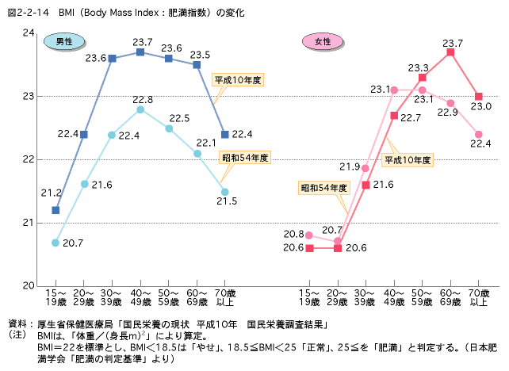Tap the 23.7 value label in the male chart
coord(143,42)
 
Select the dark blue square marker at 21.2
coord(55,210)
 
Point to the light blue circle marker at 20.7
coord(55,242)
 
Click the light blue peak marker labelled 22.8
coord(140,109)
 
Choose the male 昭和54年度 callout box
coord(245,157)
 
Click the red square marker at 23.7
coord(450,52)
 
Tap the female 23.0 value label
coord(481,105)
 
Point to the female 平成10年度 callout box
coord(408,159)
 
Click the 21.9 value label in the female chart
coord(350,166)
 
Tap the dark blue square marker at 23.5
coord(197,64)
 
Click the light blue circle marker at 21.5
coord(225,192)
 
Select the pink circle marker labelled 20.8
coord(309,235)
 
